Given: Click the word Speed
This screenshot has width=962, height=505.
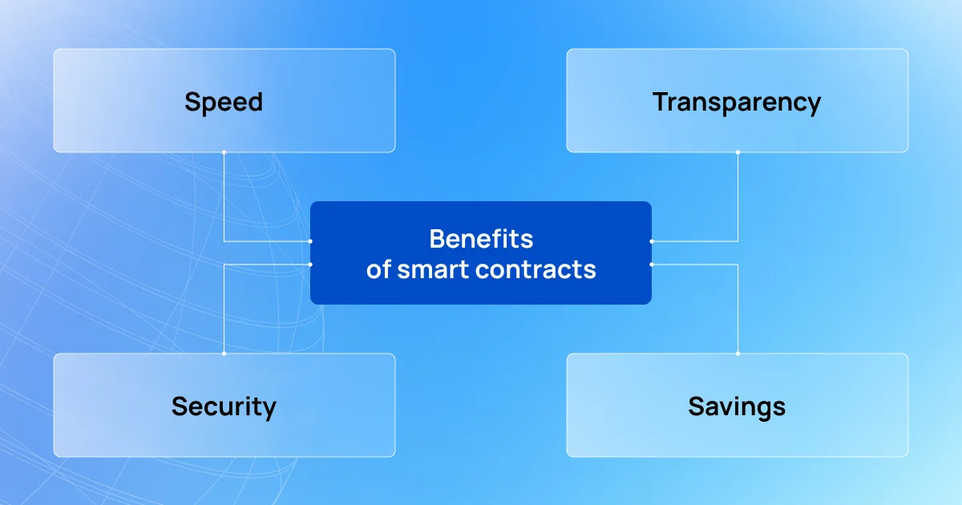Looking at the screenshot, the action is [x=224, y=103].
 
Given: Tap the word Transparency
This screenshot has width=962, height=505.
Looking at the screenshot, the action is [x=737, y=103].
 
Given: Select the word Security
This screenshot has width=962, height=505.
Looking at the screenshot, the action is [x=224, y=406].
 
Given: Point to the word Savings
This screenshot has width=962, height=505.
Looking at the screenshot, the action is [x=737, y=406].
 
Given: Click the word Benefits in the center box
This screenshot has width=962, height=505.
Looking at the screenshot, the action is [x=481, y=239].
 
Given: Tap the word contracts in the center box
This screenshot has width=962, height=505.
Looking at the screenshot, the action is [x=536, y=269].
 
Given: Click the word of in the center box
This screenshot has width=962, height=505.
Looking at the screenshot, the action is [x=378, y=269].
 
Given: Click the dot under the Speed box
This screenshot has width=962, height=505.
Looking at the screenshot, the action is [x=224, y=152].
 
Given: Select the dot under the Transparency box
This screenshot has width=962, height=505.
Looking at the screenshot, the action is [x=738, y=152].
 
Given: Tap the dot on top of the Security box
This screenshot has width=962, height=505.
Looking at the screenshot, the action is [x=224, y=353].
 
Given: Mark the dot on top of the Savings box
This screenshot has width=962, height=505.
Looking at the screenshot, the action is [x=738, y=353].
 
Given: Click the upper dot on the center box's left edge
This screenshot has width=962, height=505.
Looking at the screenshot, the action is [x=310, y=241].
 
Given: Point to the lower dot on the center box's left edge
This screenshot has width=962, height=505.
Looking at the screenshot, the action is [x=310, y=265].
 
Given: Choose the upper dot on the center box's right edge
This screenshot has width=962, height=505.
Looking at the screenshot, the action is [x=652, y=241].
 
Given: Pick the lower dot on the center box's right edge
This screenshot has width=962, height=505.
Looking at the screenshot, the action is [x=652, y=265].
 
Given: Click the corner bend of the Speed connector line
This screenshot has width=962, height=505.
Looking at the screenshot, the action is [x=224, y=241].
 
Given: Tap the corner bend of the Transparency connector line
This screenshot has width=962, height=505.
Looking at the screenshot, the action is [x=738, y=241].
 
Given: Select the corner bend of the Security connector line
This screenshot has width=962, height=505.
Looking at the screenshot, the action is [x=224, y=265].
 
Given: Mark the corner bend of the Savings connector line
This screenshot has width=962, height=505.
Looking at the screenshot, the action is [x=738, y=265].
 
